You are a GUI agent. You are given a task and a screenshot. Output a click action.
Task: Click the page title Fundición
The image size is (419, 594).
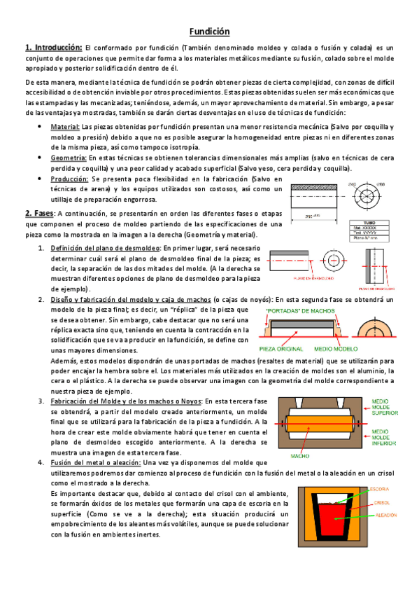(x=210, y=32)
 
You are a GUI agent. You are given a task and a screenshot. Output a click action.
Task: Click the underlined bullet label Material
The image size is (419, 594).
(x=65, y=127)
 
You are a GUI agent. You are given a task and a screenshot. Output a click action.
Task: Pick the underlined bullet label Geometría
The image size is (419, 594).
(x=69, y=158)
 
